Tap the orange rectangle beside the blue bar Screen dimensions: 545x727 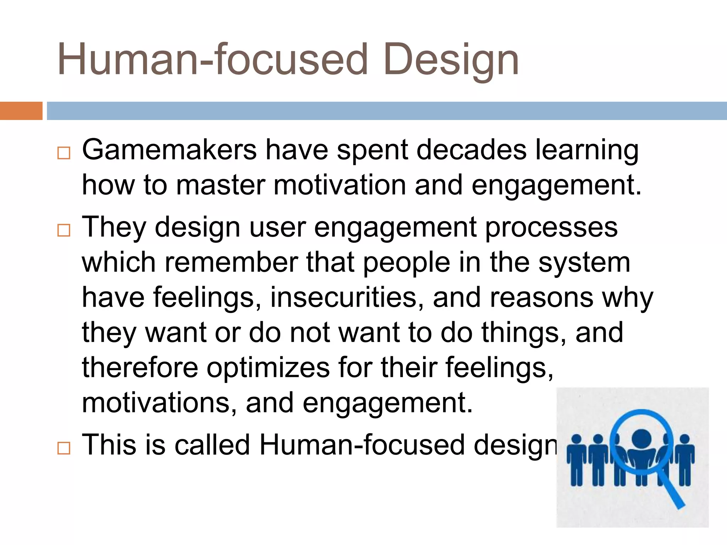tap(21, 111)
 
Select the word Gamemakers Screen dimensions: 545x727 tap(169, 150)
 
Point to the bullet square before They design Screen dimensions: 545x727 tap(64, 230)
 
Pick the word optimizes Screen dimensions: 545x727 tap(268, 368)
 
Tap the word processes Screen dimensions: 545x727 tap(551, 227)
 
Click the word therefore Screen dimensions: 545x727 tap(140, 368)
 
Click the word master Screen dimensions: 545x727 tap(220, 185)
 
